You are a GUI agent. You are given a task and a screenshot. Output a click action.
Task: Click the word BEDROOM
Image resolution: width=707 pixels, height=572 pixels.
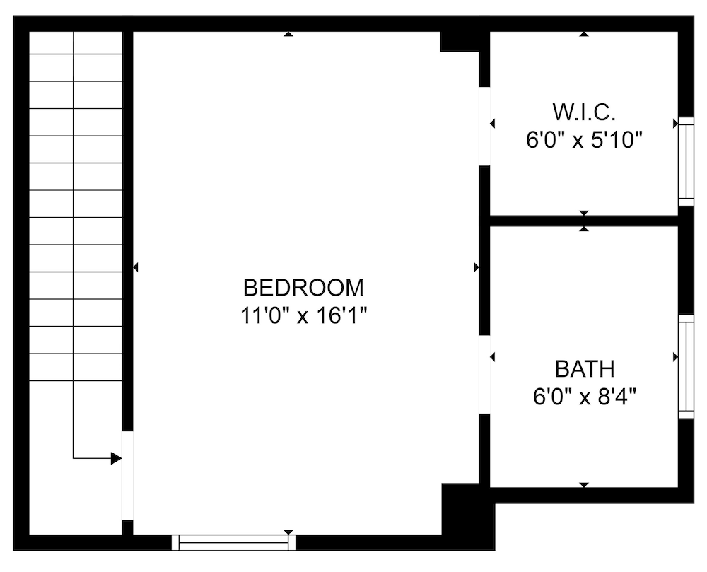(303, 288)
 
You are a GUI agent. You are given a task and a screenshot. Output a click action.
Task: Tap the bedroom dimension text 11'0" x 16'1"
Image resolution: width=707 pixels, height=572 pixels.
(303, 315)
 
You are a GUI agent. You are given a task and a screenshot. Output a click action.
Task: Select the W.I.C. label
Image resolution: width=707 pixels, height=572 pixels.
(583, 112)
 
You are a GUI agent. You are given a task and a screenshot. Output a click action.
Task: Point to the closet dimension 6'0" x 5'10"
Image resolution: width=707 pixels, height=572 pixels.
(583, 140)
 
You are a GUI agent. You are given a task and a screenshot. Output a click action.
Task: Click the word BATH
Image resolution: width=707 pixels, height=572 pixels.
(584, 369)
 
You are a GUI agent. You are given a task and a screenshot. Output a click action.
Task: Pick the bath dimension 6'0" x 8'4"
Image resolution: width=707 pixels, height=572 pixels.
(584, 397)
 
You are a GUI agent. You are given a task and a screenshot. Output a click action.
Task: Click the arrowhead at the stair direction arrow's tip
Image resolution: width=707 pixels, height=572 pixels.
(116, 458)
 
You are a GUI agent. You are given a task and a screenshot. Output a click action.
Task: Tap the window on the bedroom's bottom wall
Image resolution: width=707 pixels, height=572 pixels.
(233, 542)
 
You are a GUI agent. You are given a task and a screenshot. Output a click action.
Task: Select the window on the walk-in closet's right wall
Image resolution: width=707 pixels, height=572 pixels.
(686, 161)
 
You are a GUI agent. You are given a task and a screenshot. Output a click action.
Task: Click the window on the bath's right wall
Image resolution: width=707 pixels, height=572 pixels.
(686, 366)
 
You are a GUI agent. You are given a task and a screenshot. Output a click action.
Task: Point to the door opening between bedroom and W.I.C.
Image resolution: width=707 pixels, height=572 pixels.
(484, 126)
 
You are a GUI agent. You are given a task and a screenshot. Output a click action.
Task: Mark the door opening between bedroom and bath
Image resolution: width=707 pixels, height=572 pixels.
(484, 374)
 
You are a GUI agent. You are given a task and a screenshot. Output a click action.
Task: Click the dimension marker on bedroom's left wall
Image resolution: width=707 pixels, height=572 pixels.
(135, 267)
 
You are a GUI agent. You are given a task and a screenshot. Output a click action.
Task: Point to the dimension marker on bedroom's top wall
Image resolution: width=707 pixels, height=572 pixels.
(288, 33)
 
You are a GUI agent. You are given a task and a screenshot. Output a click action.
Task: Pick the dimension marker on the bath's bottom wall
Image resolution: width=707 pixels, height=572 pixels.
(584, 484)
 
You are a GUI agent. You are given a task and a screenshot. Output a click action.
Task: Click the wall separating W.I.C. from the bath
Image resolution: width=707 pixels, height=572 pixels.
(584, 221)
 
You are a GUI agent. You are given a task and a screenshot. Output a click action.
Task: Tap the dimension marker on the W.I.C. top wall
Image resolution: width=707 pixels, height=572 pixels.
(584, 33)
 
